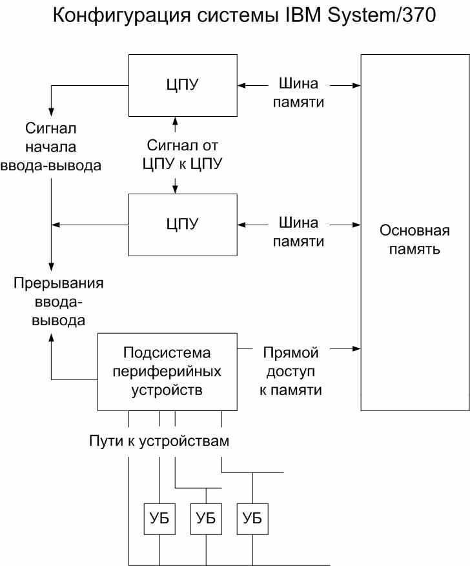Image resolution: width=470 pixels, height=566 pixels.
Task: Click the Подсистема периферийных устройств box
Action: click(167, 372)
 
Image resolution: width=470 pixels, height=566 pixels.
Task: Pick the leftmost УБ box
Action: click(159, 518)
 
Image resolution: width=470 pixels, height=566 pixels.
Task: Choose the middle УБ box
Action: click(206, 518)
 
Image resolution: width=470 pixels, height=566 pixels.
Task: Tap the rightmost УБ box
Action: click(252, 518)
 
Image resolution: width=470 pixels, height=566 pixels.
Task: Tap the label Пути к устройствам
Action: click(159, 441)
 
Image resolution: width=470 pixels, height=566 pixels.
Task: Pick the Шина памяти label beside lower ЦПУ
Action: click(298, 232)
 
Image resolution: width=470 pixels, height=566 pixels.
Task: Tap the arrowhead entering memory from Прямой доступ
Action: click(356, 349)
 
